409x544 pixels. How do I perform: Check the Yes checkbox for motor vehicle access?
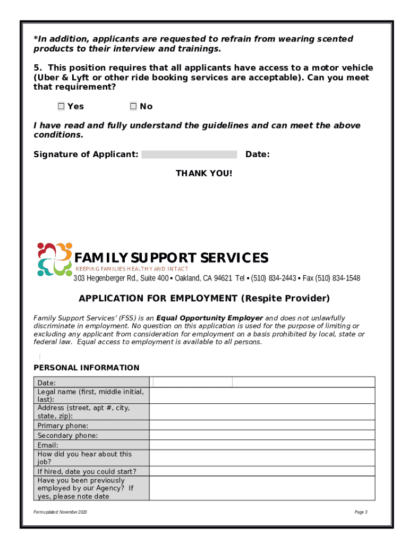coord(61,106)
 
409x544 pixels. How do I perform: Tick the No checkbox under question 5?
coord(133,106)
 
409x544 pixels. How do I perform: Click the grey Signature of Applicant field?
coord(189,155)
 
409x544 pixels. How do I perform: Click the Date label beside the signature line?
coord(257,155)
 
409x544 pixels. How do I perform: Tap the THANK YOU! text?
coord(204,174)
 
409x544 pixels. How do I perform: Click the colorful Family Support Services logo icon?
coord(54,259)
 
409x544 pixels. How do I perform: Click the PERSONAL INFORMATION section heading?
coord(87,368)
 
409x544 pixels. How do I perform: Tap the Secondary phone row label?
coord(67,436)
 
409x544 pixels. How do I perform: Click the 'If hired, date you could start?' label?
coord(87,471)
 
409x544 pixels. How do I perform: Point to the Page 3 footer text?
coord(361,512)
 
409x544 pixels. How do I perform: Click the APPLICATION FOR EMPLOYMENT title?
coord(204,298)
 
